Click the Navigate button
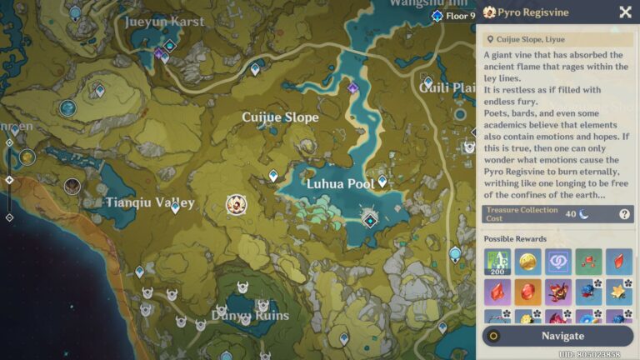click(562, 336)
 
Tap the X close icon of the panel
click(625, 12)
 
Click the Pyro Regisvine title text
click(539, 12)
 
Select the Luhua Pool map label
click(339, 183)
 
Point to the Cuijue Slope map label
click(280, 117)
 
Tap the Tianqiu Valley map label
click(150, 202)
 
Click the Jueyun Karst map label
click(164, 22)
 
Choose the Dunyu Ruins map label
click(250, 316)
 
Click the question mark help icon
click(624, 214)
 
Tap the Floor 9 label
click(460, 16)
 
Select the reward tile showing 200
click(497, 262)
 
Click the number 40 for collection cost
click(571, 214)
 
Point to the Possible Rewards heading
click(515, 239)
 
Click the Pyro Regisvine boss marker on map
click(237, 202)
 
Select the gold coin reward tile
click(527, 262)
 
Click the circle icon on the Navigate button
click(494, 336)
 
